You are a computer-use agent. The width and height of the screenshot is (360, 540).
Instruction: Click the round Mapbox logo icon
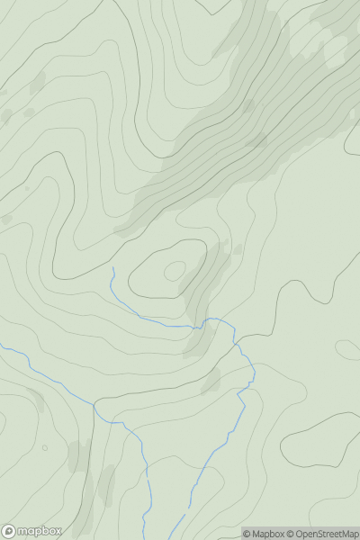(9, 531)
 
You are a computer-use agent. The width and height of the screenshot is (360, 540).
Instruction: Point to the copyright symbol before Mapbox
(247, 534)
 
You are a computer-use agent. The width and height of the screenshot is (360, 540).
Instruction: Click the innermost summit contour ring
(174, 270)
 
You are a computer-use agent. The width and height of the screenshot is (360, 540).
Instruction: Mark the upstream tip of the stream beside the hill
(112, 267)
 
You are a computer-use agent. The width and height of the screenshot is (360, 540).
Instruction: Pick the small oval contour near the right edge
(347, 348)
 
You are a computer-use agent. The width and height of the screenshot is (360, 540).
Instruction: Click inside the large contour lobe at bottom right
(324, 441)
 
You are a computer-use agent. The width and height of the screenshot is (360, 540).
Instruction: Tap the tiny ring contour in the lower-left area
(44, 447)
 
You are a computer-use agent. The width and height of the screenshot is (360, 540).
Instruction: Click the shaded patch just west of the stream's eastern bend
(211, 380)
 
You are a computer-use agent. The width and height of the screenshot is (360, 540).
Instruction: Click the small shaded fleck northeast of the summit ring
(238, 249)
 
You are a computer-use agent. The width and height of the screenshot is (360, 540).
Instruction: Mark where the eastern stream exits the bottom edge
(184, 538)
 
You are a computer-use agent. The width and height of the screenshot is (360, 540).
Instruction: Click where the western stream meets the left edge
(2, 346)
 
